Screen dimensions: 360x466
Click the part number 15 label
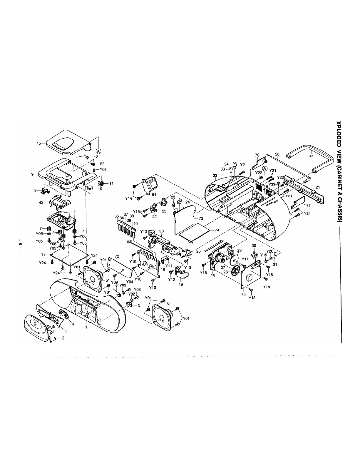click(x=39, y=143)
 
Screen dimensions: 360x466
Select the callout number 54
click(x=154, y=195)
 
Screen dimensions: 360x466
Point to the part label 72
click(x=117, y=256)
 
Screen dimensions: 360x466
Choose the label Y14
click(x=129, y=198)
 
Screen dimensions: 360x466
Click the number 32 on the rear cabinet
click(x=215, y=176)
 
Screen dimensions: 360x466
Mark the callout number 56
click(x=277, y=154)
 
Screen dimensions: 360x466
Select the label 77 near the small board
click(x=308, y=206)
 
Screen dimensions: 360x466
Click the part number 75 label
click(x=243, y=294)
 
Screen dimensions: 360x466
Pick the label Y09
click(x=115, y=283)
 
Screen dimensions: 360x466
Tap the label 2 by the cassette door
click(x=63, y=338)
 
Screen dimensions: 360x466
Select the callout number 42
click(x=41, y=202)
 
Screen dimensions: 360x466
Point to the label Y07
click(x=103, y=169)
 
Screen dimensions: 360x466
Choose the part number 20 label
click(x=162, y=231)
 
